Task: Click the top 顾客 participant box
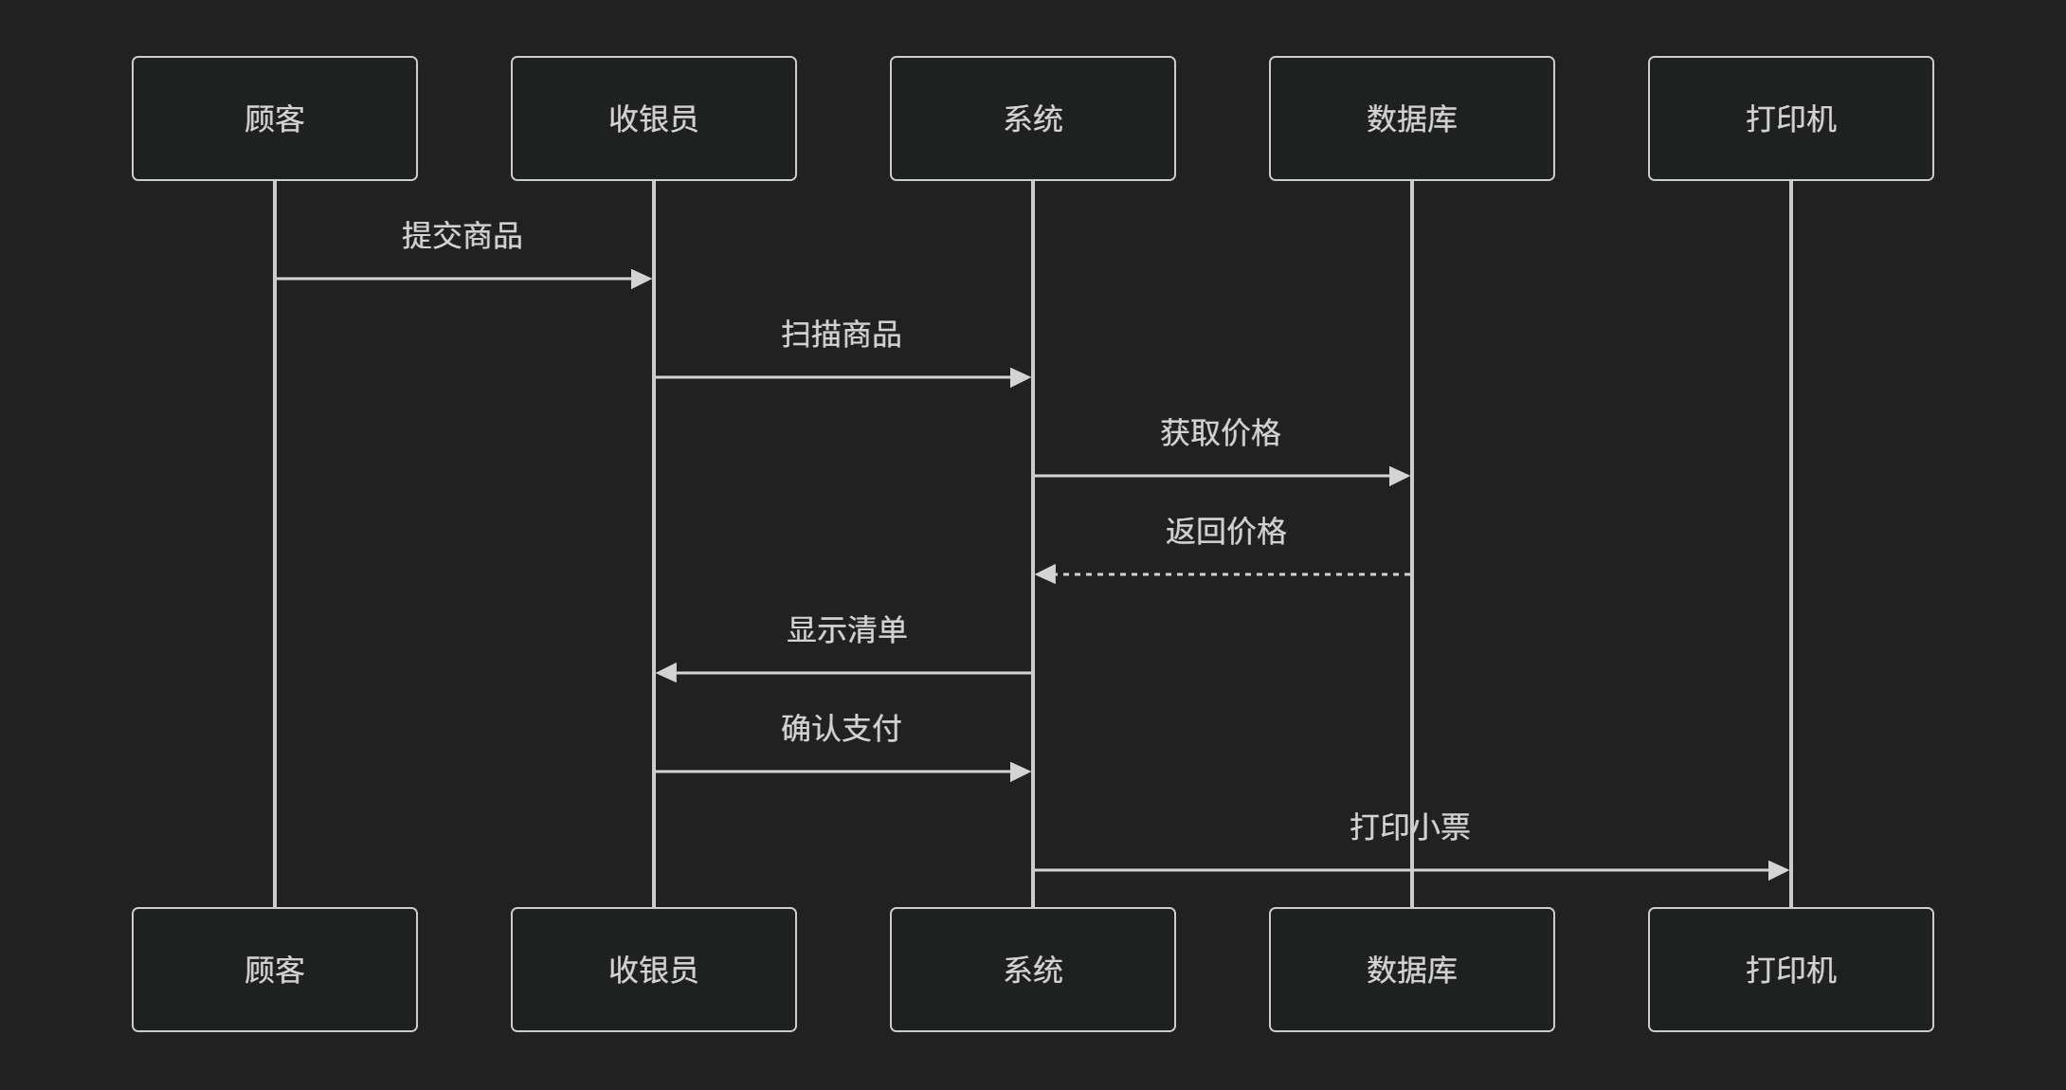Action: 275,118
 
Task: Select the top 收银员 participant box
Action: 654,118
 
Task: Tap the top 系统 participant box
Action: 1033,118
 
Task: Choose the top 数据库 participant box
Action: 1412,118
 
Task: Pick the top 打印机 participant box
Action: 1791,118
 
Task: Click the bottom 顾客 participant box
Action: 275,970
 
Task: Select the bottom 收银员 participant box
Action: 654,970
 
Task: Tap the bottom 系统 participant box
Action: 1033,970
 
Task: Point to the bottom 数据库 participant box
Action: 1412,970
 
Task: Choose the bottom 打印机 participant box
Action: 1791,970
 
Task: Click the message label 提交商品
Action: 462,236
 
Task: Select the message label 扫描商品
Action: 842,335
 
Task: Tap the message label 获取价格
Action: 1221,433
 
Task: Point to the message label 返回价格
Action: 1225,532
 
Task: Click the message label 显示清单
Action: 846,630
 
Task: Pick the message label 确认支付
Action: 842,729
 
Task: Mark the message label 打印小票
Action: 1410,827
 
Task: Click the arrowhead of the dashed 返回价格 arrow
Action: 1045,574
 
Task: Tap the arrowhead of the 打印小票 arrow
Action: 1778,870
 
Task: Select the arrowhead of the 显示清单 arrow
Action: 666,673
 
